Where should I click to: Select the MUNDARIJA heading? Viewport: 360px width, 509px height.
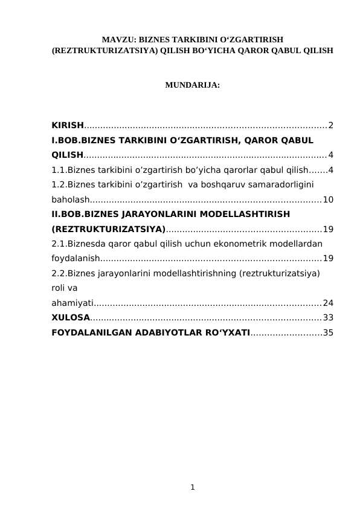pyautogui.click(x=192, y=86)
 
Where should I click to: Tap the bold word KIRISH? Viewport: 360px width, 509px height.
pyautogui.click(x=68, y=125)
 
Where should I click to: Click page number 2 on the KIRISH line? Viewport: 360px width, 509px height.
pyautogui.click(x=330, y=125)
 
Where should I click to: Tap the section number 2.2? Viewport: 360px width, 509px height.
pyautogui.click(x=59, y=273)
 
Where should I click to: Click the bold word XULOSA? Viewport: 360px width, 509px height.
pyautogui.click(x=71, y=317)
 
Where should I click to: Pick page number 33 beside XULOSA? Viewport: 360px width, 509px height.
pyautogui.click(x=328, y=317)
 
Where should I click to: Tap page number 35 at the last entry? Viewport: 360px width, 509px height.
pyautogui.click(x=328, y=332)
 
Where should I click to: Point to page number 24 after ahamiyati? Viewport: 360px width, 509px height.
pyautogui.click(x=328, y=303)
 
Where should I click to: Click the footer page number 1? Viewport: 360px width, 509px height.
pyautogui.click(x=192, y=486)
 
